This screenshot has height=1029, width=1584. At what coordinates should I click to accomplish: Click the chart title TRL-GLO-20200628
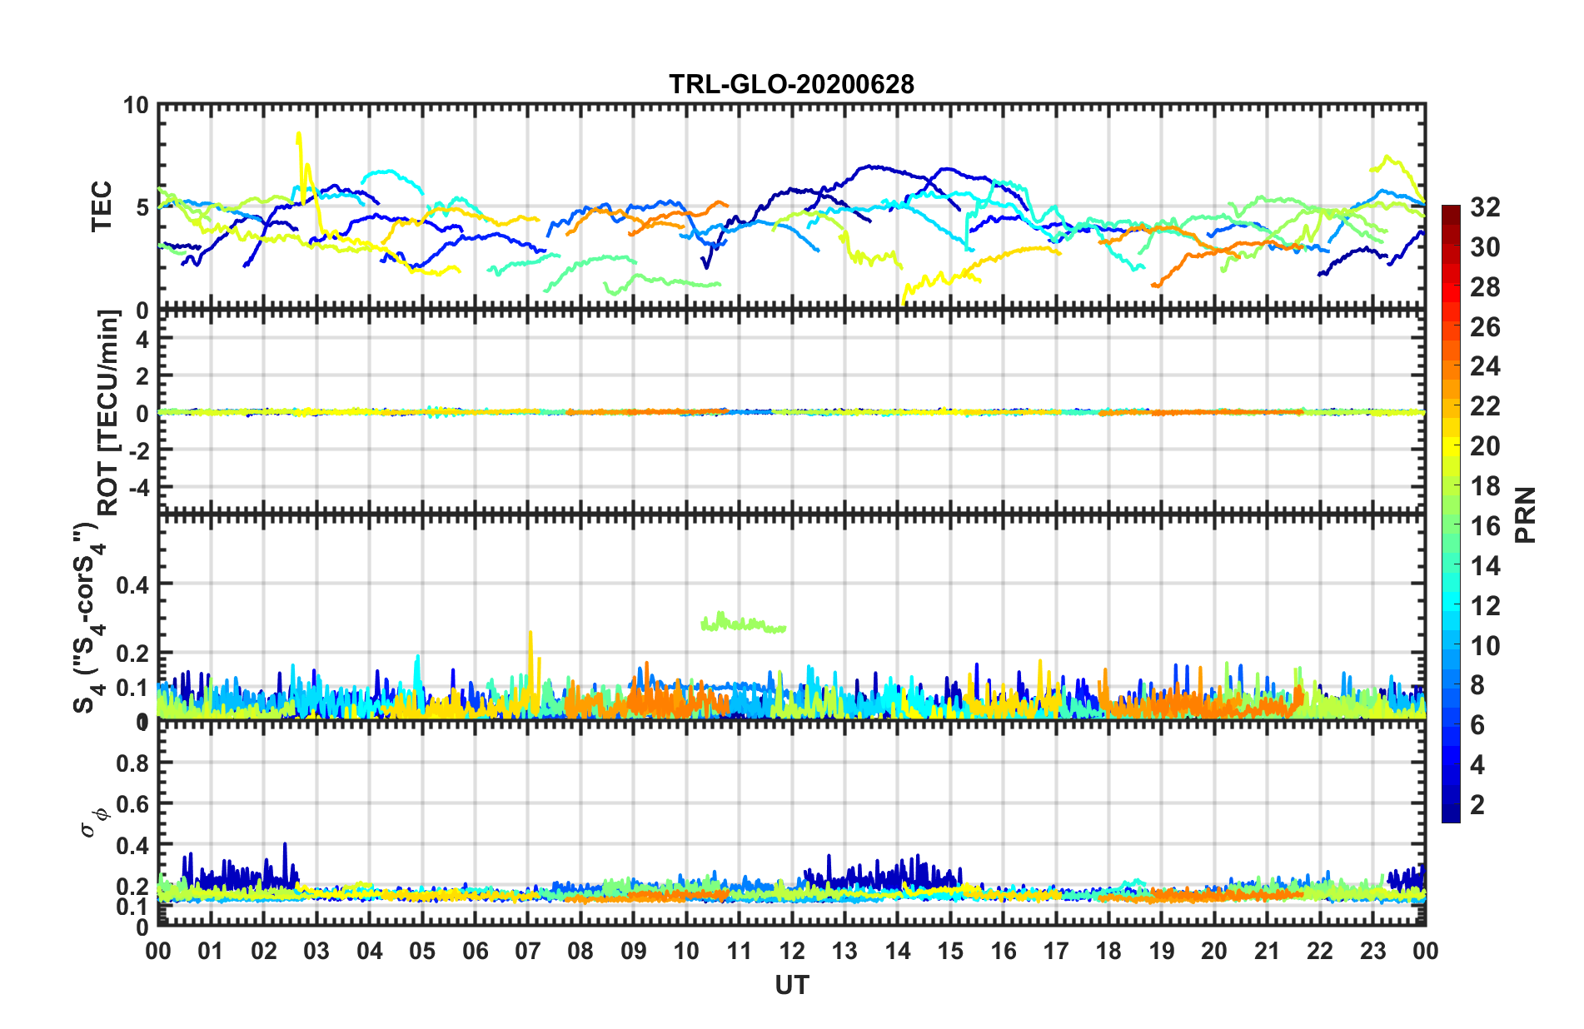(791, 84)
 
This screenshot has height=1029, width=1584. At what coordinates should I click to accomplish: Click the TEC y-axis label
(101, 206)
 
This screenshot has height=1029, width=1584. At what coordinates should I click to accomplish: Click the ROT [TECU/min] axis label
(108, 413)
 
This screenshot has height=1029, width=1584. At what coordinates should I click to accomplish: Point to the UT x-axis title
(791, 985)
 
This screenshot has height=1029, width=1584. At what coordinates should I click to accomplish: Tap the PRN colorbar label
(1526, 514)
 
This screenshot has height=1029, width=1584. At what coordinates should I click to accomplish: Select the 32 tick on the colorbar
(1485, 207)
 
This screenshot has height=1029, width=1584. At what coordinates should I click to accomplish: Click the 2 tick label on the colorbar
(1478, 804)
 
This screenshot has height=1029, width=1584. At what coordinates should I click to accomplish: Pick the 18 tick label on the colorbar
(1485, 486)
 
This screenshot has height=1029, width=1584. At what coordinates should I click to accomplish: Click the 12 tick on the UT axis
(792, 951)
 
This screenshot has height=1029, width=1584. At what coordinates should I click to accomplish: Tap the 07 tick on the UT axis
(528, 951)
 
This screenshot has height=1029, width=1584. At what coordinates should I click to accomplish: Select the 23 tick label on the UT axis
(1372, 951)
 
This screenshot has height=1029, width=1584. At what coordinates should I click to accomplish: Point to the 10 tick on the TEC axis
(135, 106)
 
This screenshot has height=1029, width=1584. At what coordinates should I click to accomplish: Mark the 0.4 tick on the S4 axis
(132, 584)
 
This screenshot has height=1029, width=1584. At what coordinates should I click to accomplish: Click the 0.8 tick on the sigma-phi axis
(132, 763)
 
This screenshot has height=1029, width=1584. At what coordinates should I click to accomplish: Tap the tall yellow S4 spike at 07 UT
(530, 641)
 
